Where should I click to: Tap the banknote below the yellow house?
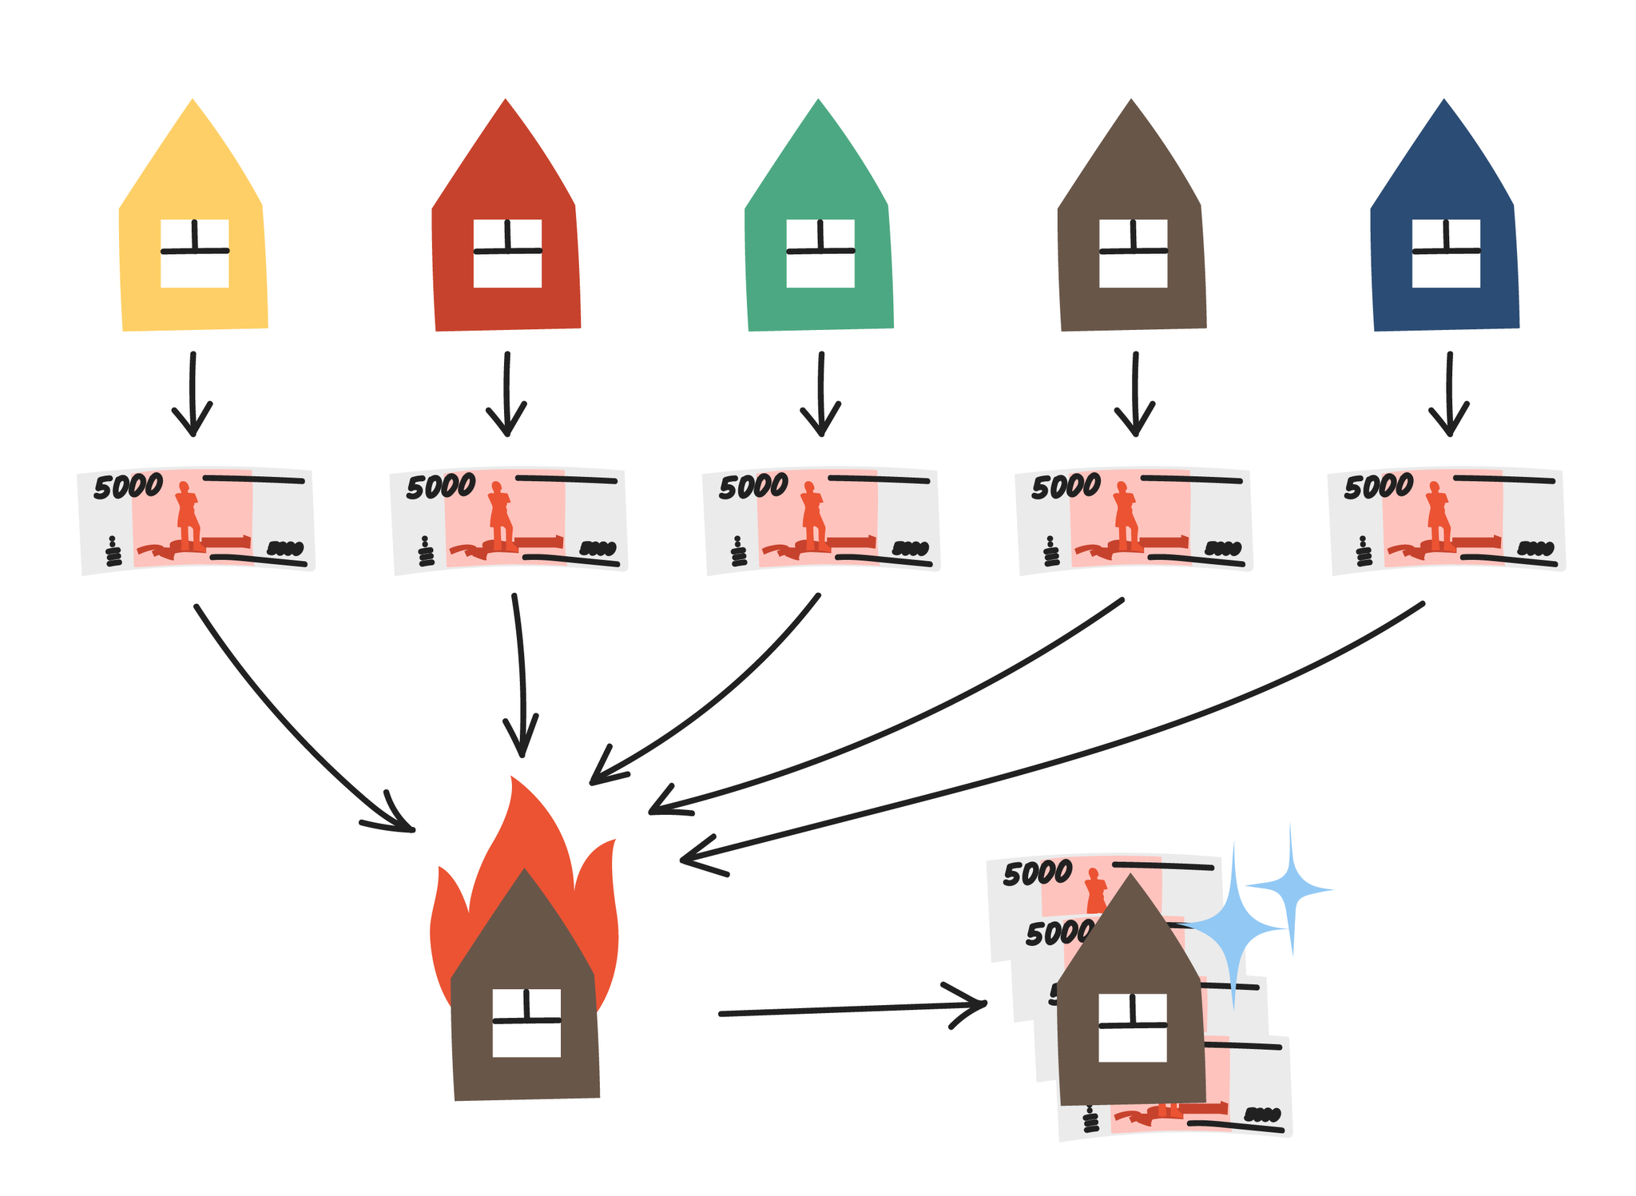coord(197,519)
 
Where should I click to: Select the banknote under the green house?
coord(821,519)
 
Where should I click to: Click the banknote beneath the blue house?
coord(1447,519)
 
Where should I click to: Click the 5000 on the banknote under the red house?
coord(441,486)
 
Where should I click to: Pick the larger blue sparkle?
coord(1233,927)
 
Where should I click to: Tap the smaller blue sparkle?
coord(1290,888)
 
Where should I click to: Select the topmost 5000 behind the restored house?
coord(1038,873)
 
